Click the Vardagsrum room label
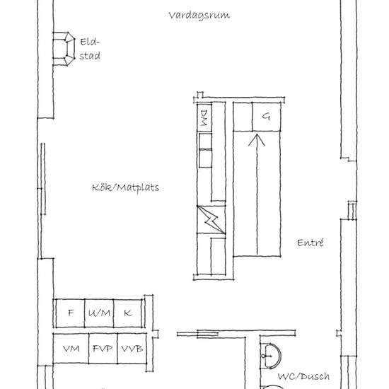[x=199, y=16]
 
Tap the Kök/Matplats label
[x=125, y=187]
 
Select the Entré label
[x=310, y=243]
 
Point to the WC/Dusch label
[x=303, y=376]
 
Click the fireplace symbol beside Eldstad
[x=64, y=49]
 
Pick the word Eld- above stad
[x=90, y=42]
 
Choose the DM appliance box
[x=204, y=117]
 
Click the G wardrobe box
[x=266, y=117]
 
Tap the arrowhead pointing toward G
[x=257, y=140]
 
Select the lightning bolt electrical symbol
[x=211, y=220]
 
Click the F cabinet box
[x=70, y=313]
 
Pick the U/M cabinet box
[x=99, y=313]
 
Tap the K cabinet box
[x=128, y=313]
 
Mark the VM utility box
[x=71, y=348]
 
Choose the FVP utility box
[x=103, y=348]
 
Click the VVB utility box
[x=132, y=348]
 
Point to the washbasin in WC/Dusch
[x=271, y=356]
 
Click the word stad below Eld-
[x=90, y=56]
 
